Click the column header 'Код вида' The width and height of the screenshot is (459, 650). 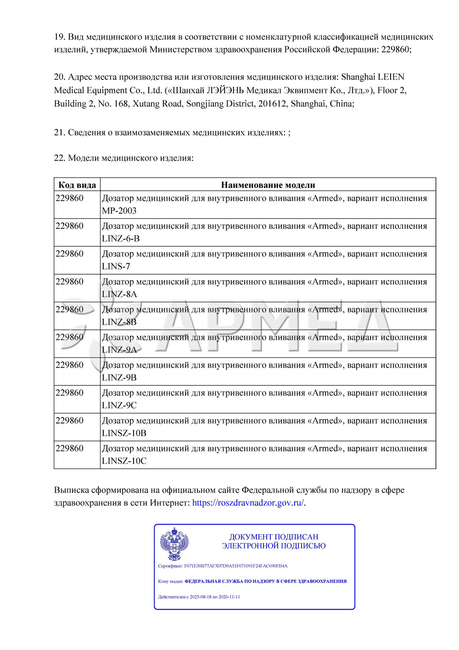[77, 185]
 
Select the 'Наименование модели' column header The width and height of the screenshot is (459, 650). [268, 185]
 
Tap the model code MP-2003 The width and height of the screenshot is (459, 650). [119, 211]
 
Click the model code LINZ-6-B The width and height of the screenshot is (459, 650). [121, 238]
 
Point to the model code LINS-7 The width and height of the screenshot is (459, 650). [116, 266]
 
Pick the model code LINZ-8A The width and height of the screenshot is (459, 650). [119, 294]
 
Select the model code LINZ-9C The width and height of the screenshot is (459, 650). [119, 405]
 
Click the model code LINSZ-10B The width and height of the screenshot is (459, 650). [124, 433]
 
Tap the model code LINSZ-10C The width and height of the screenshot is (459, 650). [124, 461]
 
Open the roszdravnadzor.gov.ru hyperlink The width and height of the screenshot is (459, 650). [248, 503]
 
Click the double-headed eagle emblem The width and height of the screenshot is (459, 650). [174, 544]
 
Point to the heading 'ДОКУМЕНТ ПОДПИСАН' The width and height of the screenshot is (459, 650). [274, 537]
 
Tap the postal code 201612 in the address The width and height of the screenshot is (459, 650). [272, 103]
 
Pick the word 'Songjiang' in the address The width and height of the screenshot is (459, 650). [205, 103]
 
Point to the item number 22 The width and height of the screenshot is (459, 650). [59, 158]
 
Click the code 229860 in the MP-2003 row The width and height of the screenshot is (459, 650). [70, 198]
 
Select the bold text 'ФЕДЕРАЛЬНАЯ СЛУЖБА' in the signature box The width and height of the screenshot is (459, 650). [213, 581]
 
